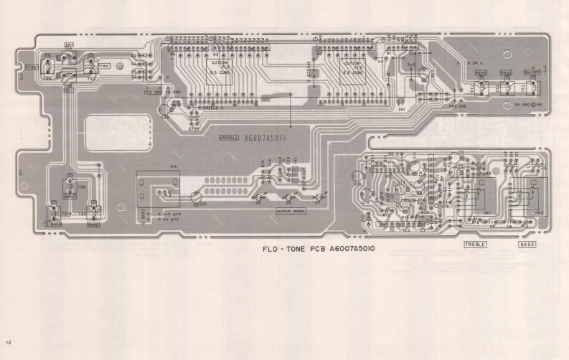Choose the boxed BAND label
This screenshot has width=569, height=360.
[93, 224]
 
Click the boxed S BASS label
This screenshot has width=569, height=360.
[54, 224]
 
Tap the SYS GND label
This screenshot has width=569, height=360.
[153, 92]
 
